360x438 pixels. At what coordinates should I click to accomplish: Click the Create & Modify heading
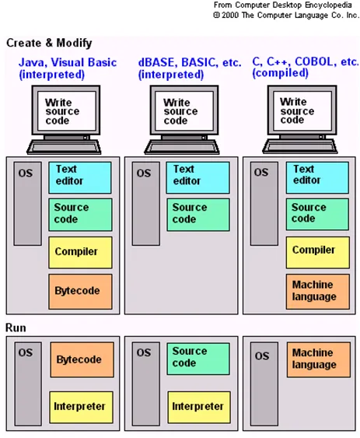click(x=49, y=43)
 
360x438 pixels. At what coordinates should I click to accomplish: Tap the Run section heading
click(x=16, y=328)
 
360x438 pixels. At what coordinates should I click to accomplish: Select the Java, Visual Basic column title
click(x=68, y=68)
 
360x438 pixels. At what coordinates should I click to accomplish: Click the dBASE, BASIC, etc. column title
click(x=190, y=68)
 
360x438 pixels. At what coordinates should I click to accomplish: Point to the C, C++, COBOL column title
click(x=306, y=68)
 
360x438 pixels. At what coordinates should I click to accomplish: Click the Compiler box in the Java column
click(x=80, y=253)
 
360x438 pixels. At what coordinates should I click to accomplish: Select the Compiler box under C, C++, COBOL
click(x=317, y=252)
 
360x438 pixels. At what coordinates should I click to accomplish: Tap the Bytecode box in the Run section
click(x=82, y=359)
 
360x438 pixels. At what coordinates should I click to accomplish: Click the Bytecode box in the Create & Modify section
click(x=80, y=291)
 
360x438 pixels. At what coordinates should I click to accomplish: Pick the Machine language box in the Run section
click(x=318, y=359)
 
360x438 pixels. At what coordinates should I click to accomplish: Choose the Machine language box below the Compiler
click(x=317, y=291)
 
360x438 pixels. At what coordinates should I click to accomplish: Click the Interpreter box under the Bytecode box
click(x=82, y=408)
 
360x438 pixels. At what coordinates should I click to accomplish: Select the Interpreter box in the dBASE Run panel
click(x=199, y=408)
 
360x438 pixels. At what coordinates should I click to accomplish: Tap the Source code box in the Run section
click(x=198, y=359)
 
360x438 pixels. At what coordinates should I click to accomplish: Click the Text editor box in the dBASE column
click(x=197, y=177)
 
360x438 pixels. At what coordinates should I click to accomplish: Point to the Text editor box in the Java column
click(x=80, y=177)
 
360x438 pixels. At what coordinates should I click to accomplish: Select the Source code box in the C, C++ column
click(x=317, y=214)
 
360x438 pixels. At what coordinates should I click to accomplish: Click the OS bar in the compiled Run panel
click(x=264, y=384)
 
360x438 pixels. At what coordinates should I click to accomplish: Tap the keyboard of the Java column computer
click(x=64, y=147)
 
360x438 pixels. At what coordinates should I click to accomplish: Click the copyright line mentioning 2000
click(x=286, y=15)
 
